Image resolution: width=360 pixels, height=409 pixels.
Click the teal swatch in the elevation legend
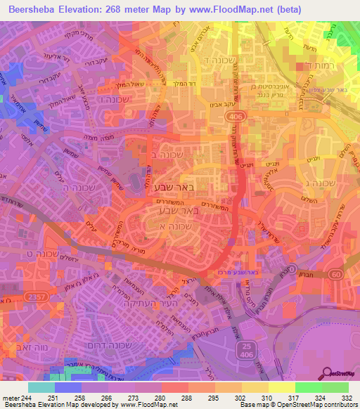point(41,387)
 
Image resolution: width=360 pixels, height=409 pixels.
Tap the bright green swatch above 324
point(308,387)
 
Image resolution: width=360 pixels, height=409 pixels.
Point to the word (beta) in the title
point(289,10)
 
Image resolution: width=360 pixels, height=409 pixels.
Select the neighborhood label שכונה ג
point(321,183)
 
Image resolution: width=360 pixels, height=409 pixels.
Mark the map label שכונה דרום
point(124,346)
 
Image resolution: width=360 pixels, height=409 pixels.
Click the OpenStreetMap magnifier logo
point(329,374)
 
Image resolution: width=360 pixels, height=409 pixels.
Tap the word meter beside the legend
point(11,397)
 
